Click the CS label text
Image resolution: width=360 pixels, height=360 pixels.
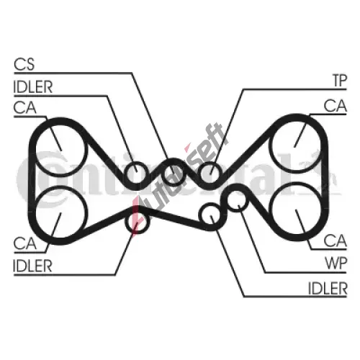(24, 64)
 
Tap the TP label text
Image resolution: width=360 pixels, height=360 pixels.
(340, 81)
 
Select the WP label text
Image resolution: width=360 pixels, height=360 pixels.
(336, 264)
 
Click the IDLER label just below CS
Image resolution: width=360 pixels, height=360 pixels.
(33, 87)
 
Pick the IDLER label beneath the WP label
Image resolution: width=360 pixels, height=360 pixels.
(328, 288)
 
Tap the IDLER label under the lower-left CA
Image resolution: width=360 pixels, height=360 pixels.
(32, 266)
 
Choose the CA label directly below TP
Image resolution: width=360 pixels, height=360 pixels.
(336, 106)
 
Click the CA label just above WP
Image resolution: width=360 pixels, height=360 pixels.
(336, 240)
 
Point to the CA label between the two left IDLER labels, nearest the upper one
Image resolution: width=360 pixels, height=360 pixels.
(25, 107)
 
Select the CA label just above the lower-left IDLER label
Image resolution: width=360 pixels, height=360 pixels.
(25, 243)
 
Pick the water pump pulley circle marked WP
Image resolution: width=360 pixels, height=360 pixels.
(228, 201)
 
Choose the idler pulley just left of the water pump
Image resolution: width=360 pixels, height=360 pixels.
(200, 214)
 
